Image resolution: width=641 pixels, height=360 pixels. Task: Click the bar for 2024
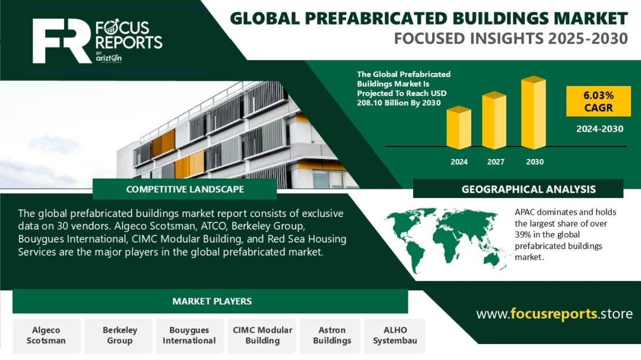click(x=459, y=128)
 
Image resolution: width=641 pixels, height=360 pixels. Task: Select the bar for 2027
click(x=494, y=120)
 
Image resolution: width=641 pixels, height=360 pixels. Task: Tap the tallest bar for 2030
click(x=534, y=112)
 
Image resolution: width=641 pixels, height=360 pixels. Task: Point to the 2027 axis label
click(x=496, y=162)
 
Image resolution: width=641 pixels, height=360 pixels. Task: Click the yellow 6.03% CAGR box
click(x=598, y=101)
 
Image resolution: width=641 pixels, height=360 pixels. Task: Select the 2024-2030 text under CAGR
click(x=599, y=129)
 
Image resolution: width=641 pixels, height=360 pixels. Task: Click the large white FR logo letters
click(x=61, y=41)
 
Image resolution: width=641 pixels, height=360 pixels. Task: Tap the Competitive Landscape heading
click(x=185, y=189)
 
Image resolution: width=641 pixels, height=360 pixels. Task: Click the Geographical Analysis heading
click(x=529, y=189)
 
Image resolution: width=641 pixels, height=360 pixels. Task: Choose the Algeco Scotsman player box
click(x=46, y=336)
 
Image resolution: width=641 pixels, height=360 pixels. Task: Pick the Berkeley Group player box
click(x=120, y=336)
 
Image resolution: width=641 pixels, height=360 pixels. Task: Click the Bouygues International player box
click(x=189, y=336)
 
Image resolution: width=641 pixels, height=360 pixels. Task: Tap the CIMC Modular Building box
click(x=262, y=336)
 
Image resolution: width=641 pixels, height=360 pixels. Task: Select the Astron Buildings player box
click(x=332, y=336)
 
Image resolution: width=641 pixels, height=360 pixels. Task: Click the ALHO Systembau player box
click(x=395, y=336)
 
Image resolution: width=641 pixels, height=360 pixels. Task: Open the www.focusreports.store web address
click(x=554, y=314)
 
